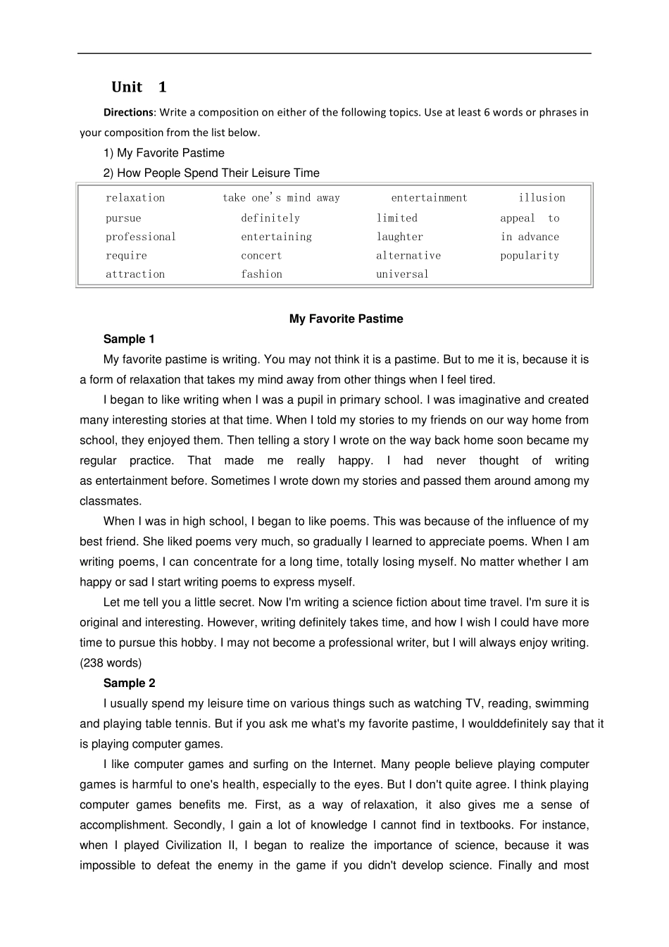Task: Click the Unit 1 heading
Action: (x=139, y=87)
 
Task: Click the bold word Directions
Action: (x=128, y=112)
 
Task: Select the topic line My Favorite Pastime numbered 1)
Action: (x=164, y=153)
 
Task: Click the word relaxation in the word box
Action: (x=135, y=198)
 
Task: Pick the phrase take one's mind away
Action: (x=281, y=198)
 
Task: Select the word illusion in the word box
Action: (x=542, y=198)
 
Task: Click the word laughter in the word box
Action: (x=399, y=237)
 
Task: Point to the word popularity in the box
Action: (x=530, y=256)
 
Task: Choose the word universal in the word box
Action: (x=402, y=274)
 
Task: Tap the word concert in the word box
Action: (x=261, y=256)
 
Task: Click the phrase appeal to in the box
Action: (x=530, y=218)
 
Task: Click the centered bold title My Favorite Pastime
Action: (x=346, y=318)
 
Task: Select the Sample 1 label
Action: (x=129, y=339)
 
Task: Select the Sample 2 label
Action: (x=129, y=683)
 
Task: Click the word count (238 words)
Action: (x=111, y=663)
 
